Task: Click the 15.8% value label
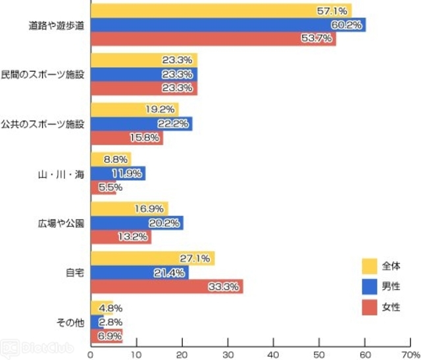(148, 138)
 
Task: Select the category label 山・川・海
(61, 174)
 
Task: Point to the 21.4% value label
(173, 272)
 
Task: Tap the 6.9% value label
(109, 336)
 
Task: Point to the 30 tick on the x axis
(228, 353)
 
